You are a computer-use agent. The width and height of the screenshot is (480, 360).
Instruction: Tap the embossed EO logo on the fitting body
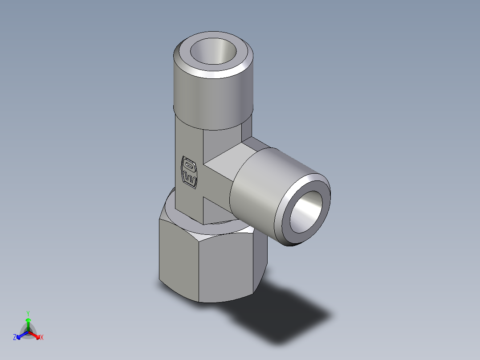click(189, 172)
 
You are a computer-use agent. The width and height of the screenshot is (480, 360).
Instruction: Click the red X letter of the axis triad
click(42, 338)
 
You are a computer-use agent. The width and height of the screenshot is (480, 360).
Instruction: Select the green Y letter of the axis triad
click(28, 313)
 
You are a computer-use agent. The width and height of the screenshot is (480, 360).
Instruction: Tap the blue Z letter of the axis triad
click(15, 338)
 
